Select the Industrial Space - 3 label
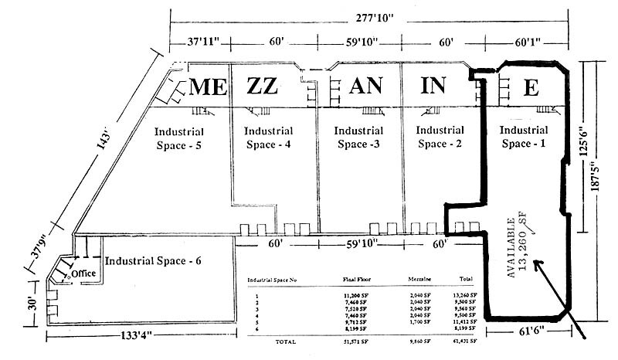pos(358,138)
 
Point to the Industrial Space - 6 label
pos(153,261)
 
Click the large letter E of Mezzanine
pos(530,87)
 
